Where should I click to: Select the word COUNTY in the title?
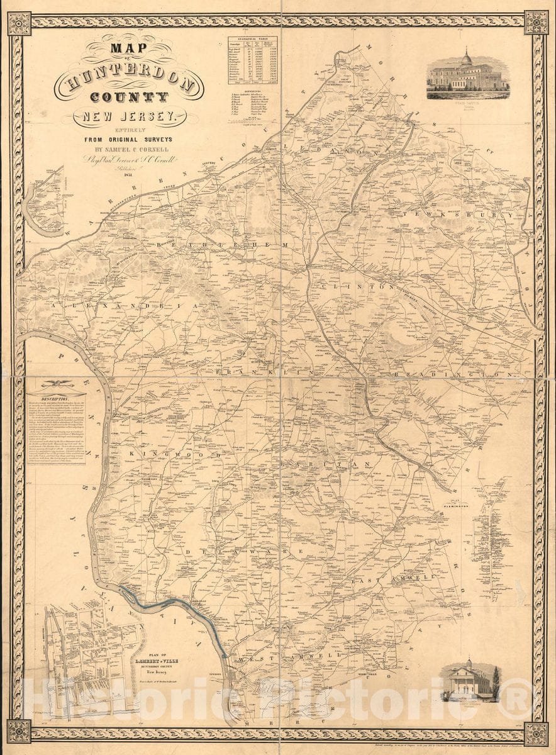click(129, 98)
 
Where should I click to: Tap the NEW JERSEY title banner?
click(129, 116)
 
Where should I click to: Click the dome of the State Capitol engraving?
click(467, 58)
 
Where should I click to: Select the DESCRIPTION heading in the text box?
click(55, 400)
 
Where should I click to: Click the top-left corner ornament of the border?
click(19, 23)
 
